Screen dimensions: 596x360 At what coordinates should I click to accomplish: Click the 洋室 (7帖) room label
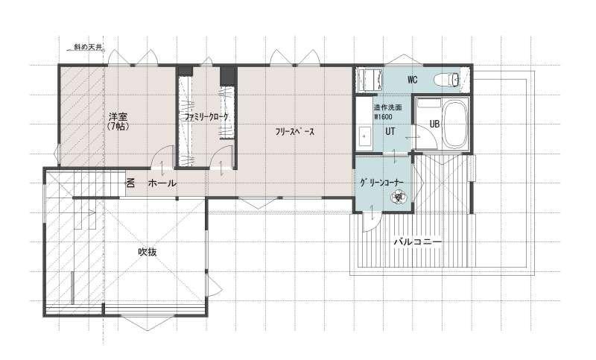(x=118, y=121)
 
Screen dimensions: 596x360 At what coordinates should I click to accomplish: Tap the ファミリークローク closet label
(x=206, y=117)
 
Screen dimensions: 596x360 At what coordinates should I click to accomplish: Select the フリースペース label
(x=295, y=132)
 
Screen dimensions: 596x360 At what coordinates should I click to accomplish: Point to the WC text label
(x=413, y=80)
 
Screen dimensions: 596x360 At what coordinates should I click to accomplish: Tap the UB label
(x=434, y=124)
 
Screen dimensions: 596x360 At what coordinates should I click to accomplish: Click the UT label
(x=390, y=131)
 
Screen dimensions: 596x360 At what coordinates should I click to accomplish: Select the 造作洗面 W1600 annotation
(x=387, y=112)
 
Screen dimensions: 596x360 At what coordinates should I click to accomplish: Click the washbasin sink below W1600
(x=366, y=136)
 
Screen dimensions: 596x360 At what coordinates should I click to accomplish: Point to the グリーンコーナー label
(x=381, y=183)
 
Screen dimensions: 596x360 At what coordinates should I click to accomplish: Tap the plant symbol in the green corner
(x=399, y=197)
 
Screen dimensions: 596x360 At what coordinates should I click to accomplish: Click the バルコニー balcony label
(x=418, y=241)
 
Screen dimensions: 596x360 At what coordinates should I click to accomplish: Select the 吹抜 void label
(x=148, y=252)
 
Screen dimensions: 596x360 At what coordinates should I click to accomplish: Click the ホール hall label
(x=162, y=183)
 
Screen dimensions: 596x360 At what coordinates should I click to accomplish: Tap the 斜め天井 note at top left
(x=88, y=47)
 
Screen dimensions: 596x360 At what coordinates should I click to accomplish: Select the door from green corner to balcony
(x=370, y=221)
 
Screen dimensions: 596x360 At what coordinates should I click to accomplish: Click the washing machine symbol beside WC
(x=370, y=80)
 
